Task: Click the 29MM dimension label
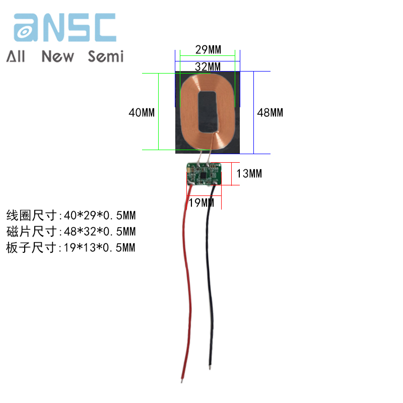click(x=208, y=50)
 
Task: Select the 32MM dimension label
click(x=208, y=66)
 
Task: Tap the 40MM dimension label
click(x=142, y=112)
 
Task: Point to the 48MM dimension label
click(x=270, y=112)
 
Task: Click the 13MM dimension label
click(x=249, y=174)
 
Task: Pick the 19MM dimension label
click(x=201, y=203)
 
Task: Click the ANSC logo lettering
click(x=65, y=28)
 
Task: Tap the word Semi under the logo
click(x=105, y=56)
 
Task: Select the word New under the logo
click(x=57, y=56)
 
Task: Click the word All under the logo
click(x=16, y=56)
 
